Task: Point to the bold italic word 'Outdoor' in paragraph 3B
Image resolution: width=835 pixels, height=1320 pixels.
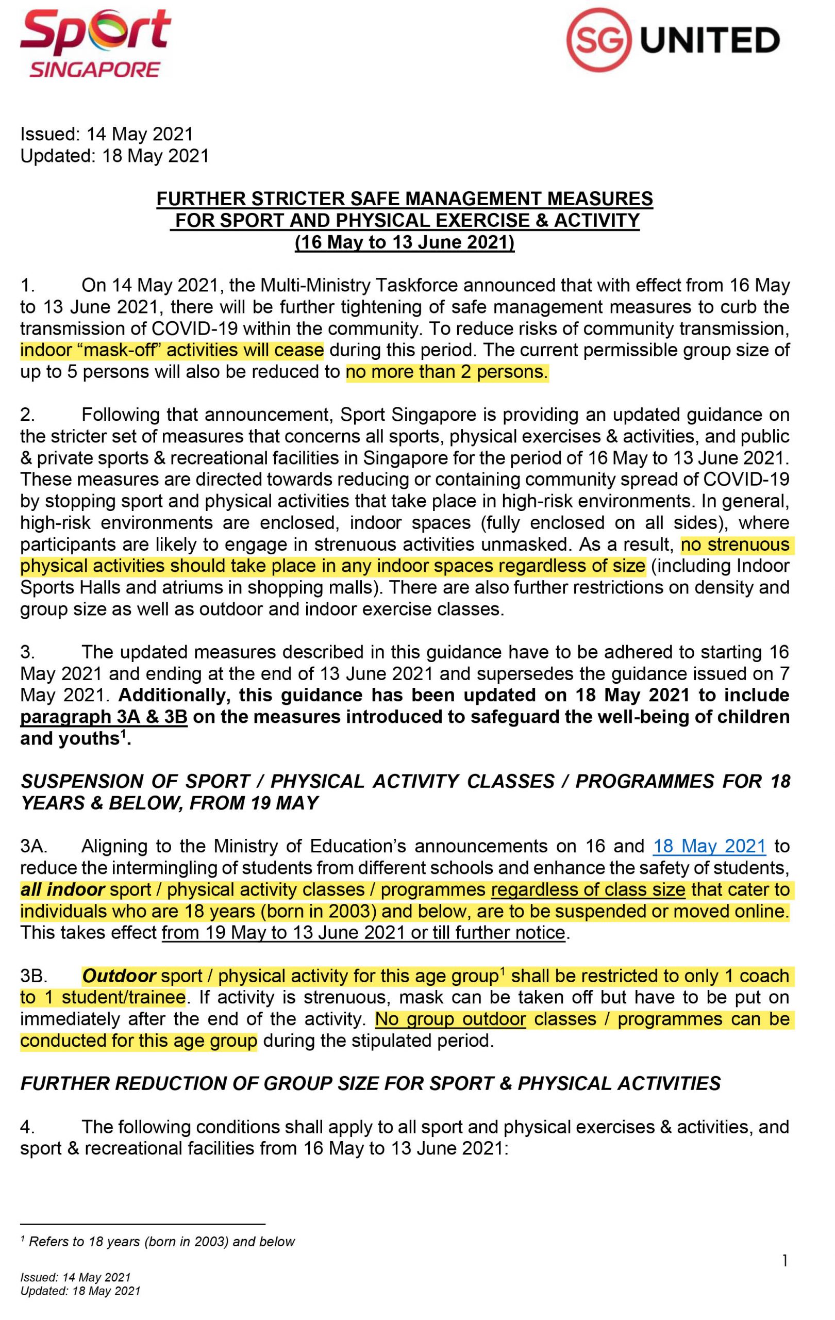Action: click(119, 975)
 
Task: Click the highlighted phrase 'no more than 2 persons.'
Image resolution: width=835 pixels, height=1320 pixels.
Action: click(446, 372)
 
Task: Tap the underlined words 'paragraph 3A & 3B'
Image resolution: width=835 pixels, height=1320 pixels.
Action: click(104, 717)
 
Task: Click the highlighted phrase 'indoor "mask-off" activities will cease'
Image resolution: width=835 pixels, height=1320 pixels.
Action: click(172, 350)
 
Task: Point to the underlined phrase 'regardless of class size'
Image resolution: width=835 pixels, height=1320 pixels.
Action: click(588, 889)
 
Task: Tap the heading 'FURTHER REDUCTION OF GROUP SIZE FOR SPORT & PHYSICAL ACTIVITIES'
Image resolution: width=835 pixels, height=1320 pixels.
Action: click(371, 1083)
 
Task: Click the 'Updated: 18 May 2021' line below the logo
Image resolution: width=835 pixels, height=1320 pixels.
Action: click(114, 156)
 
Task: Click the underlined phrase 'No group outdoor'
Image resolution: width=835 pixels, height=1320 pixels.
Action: click(450, 1019)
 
